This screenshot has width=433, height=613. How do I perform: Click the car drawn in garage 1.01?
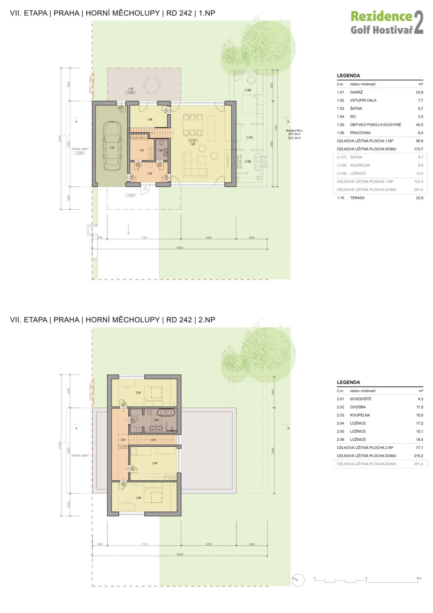[x=112, y=146]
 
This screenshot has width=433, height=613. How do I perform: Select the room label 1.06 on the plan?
[x=150, y=120]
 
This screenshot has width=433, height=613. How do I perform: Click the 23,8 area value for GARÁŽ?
[x=420, y=92]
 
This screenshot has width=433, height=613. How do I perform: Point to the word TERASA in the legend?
[x=357, y=198]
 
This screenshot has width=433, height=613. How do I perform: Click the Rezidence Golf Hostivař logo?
[x=387, y=23]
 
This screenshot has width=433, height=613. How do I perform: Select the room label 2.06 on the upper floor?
[x=139, y=498]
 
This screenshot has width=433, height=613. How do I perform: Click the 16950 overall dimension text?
[x=179, y=248]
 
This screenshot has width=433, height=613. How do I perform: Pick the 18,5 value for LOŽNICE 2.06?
[x=420, y=440]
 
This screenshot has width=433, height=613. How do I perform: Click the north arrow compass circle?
[x=298, y=580]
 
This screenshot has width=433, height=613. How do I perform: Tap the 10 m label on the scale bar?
[x=419, y=578]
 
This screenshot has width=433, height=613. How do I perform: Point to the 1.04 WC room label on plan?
[x=160, y=150]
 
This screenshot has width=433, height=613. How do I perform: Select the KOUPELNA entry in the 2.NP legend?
[x=360, y=415]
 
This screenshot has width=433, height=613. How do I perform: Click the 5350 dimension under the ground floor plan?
[x=208, y=238]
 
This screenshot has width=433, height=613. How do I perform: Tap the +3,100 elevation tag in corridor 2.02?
[x=123, y=447]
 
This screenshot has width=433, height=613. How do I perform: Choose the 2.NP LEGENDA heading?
[x=348, y=382]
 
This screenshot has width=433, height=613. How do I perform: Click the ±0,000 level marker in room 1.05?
[x=193, y=140]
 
